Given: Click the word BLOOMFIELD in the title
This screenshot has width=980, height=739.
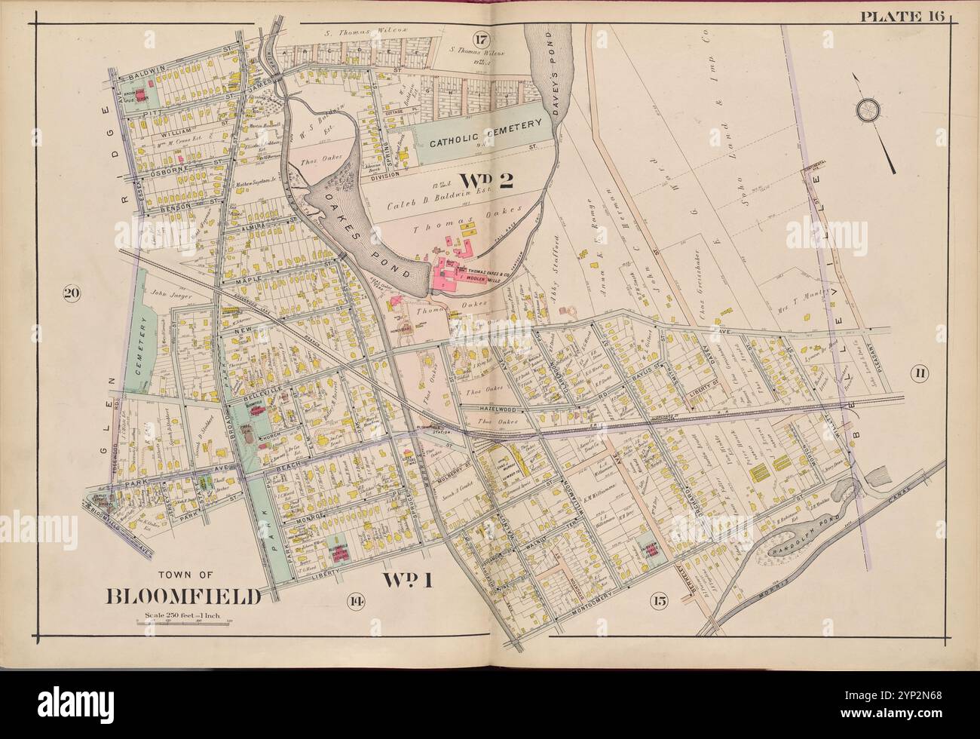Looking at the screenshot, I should point(184,596).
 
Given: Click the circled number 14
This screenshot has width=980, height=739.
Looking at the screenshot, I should point(353,600).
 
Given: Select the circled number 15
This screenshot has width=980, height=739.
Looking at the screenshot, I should point(660,601).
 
